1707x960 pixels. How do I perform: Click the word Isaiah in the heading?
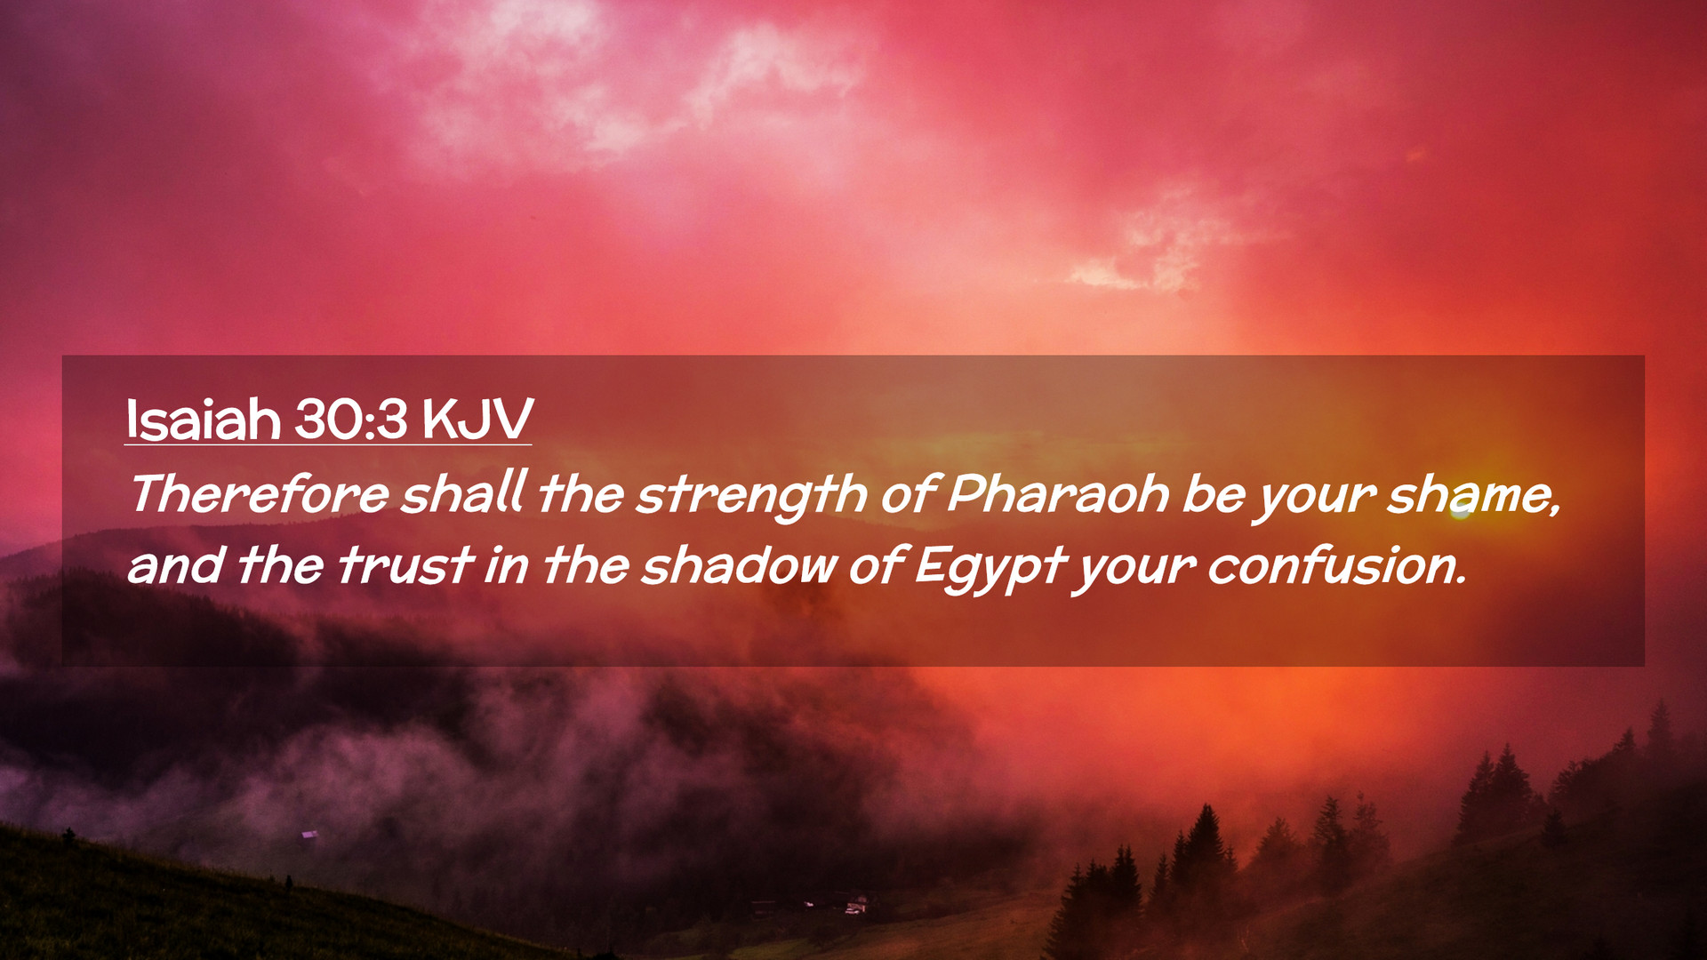tap(203, 419)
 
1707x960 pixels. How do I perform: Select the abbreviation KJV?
tap(477, 419)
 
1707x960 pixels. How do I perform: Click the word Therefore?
tap(260, 494)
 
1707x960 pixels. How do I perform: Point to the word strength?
tap(751, 497)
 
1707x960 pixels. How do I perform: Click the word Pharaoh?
tap(1057, 493)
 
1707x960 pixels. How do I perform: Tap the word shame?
tap(1474, 495)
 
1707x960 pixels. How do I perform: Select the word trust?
tap(405, 566)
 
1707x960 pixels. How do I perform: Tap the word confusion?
tap(1336, 566)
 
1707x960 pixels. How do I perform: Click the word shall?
tap(462, 493)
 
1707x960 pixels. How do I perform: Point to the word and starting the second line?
tap(175, 566)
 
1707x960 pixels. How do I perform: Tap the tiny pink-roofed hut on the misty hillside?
tap(309, 834)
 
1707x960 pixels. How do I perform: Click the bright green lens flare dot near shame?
tap(1461, 511)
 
